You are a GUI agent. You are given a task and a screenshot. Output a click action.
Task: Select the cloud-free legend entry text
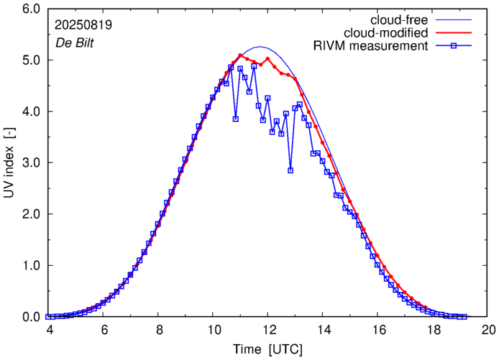(x=407, y=19)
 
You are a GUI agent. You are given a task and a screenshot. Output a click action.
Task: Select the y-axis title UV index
(x=9, y=163)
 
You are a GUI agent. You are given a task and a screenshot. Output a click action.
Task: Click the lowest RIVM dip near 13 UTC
(x=290, y=170)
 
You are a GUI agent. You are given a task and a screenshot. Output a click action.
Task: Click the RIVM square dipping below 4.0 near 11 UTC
(x=235, y=119)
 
